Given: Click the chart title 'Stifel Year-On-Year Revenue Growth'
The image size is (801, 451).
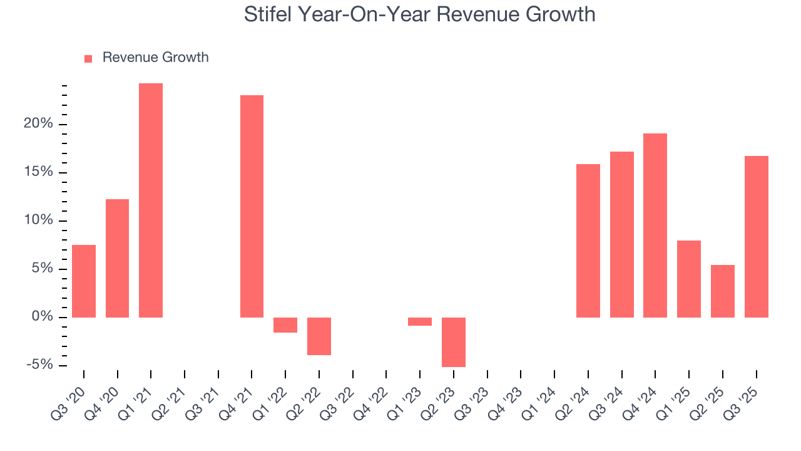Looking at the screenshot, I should click(419, 14).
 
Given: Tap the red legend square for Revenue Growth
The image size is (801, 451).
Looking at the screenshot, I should click(88, 58).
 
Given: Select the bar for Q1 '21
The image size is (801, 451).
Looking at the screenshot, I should click(151, 200).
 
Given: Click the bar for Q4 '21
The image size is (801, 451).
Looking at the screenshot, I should click(252, 206).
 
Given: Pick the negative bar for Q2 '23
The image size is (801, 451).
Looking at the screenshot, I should click(454, 342).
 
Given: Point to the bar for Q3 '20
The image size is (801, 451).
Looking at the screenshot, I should click(84, 281).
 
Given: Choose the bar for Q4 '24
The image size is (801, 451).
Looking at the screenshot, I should click(655, 225).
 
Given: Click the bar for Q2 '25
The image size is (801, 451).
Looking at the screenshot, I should click(723, 291).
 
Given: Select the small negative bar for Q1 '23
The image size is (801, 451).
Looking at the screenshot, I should click(420, 321).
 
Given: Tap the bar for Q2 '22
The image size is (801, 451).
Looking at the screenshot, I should click(319, 336).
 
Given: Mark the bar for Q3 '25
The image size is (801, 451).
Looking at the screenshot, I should click(756, 237).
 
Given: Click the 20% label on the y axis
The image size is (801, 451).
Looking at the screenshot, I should click(38, 124).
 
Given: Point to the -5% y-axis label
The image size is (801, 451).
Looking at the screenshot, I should click(38, 365).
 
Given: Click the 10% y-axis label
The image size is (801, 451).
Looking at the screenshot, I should click(38, 220).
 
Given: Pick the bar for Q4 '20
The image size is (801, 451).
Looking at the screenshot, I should click(117, 258).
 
